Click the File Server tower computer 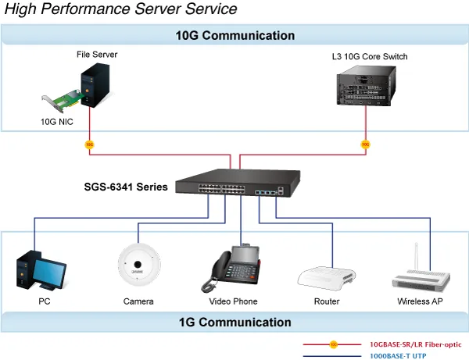(x=95, y=85)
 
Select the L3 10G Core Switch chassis (x=367, y=86)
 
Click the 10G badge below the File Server (x=89, y=144)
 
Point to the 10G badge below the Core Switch (x=366, y=144)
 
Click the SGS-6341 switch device (x=238, y=183)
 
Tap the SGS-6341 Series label (x=126, y=187)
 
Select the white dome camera (x=138, y=265)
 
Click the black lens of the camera (x=138, y=265)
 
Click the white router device (x=326, y=279)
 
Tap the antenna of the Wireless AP (x=416, y=256)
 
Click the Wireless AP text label (x=420, y=301)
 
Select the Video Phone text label (x=233, y=301)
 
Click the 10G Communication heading (x=235, y=36)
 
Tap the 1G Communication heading (x=235, y=323)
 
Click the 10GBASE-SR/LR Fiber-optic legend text (x=416, y=344)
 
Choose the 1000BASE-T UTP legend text (x=398, y=356)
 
